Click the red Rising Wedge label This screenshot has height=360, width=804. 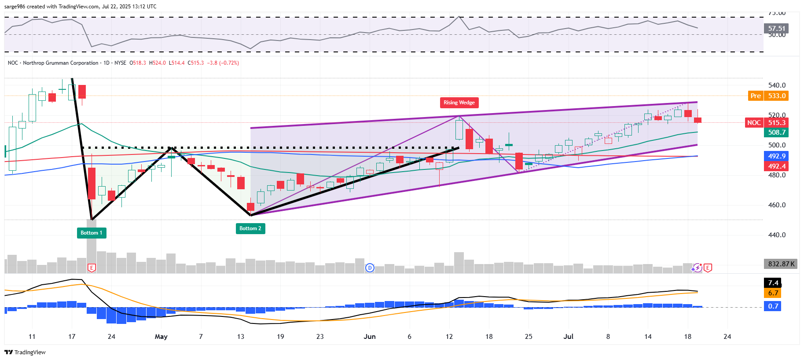point(459,103)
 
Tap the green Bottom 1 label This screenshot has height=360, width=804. point(91,233)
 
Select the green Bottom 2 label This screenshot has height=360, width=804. point(250,228)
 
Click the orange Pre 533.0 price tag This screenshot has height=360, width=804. point(768,96)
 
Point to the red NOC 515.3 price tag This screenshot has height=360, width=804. point(767,123)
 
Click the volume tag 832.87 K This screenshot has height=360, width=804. point(781,264)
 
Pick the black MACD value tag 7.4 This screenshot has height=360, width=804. point(773,283)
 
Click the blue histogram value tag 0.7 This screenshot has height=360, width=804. point(773,306)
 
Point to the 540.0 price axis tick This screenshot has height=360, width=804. point(777,85)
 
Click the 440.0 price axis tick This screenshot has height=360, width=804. point(777,235)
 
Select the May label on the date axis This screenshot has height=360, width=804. point(161,337)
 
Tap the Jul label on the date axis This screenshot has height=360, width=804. point(569,337)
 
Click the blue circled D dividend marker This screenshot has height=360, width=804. point(370,268)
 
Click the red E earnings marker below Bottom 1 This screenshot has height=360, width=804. point(92,268)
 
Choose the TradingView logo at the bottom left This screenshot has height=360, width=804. point(25,352)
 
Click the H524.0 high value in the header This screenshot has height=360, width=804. point(158,63)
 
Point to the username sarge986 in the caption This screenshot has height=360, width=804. point(15,7)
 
